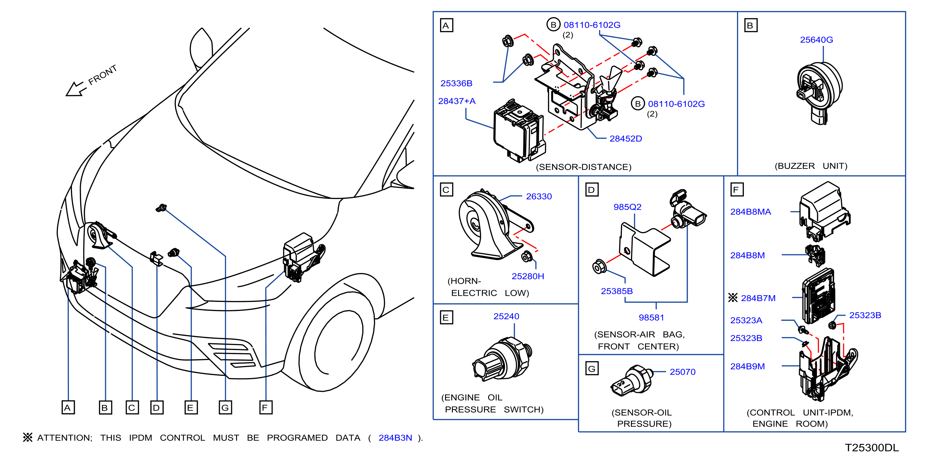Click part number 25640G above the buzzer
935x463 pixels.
pos(816,40)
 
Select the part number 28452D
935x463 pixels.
pos(625,139)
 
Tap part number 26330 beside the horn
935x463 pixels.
pos(539,197)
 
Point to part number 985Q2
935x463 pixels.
pos(627,207)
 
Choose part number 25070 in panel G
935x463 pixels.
pos(682,372)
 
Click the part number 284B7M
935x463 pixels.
pos(758,298)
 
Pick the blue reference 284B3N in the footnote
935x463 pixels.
pos(395,438)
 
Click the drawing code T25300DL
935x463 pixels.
pos(871,448)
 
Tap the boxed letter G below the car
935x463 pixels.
pos(225,407)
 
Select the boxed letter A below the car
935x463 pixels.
pos(68,407)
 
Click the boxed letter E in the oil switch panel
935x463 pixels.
pos(446,318)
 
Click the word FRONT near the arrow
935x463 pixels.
pos(102,75)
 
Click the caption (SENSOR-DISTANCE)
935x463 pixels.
pos(583,167)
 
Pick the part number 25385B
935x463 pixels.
pos(616,291)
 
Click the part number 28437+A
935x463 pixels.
pos(457,101)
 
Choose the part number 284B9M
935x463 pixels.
pos(747,366)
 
